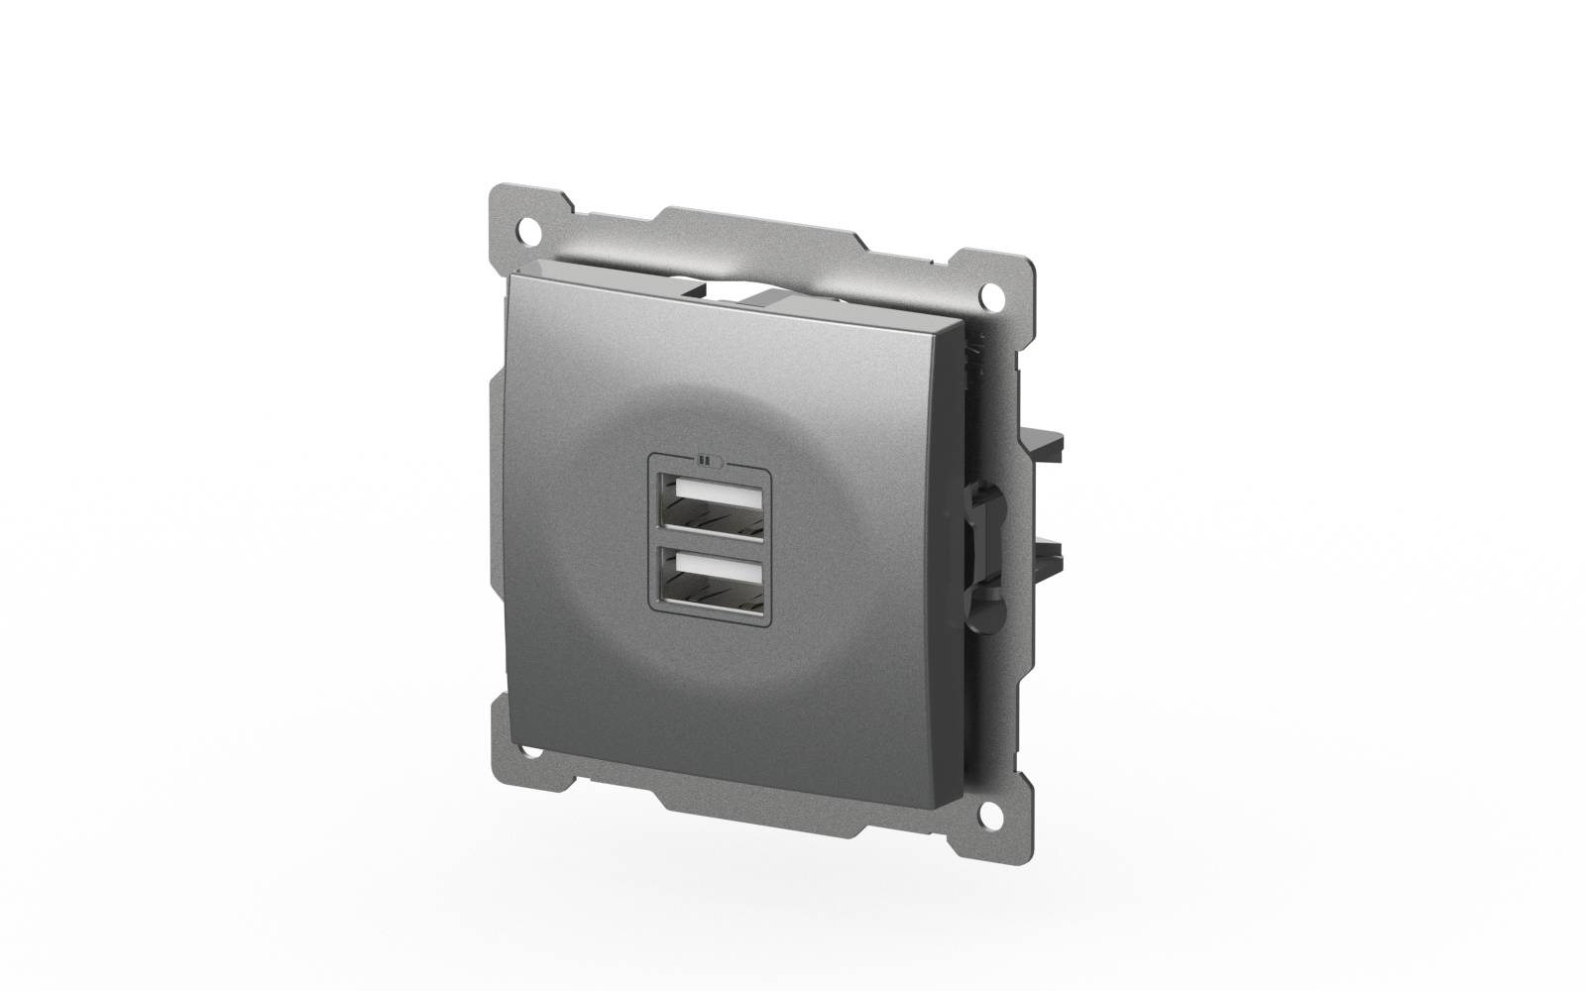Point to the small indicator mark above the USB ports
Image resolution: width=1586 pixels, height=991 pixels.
705,459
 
